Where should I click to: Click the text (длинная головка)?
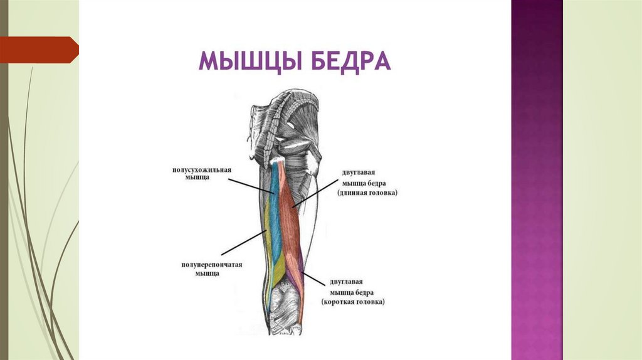(x=367, y=193)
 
